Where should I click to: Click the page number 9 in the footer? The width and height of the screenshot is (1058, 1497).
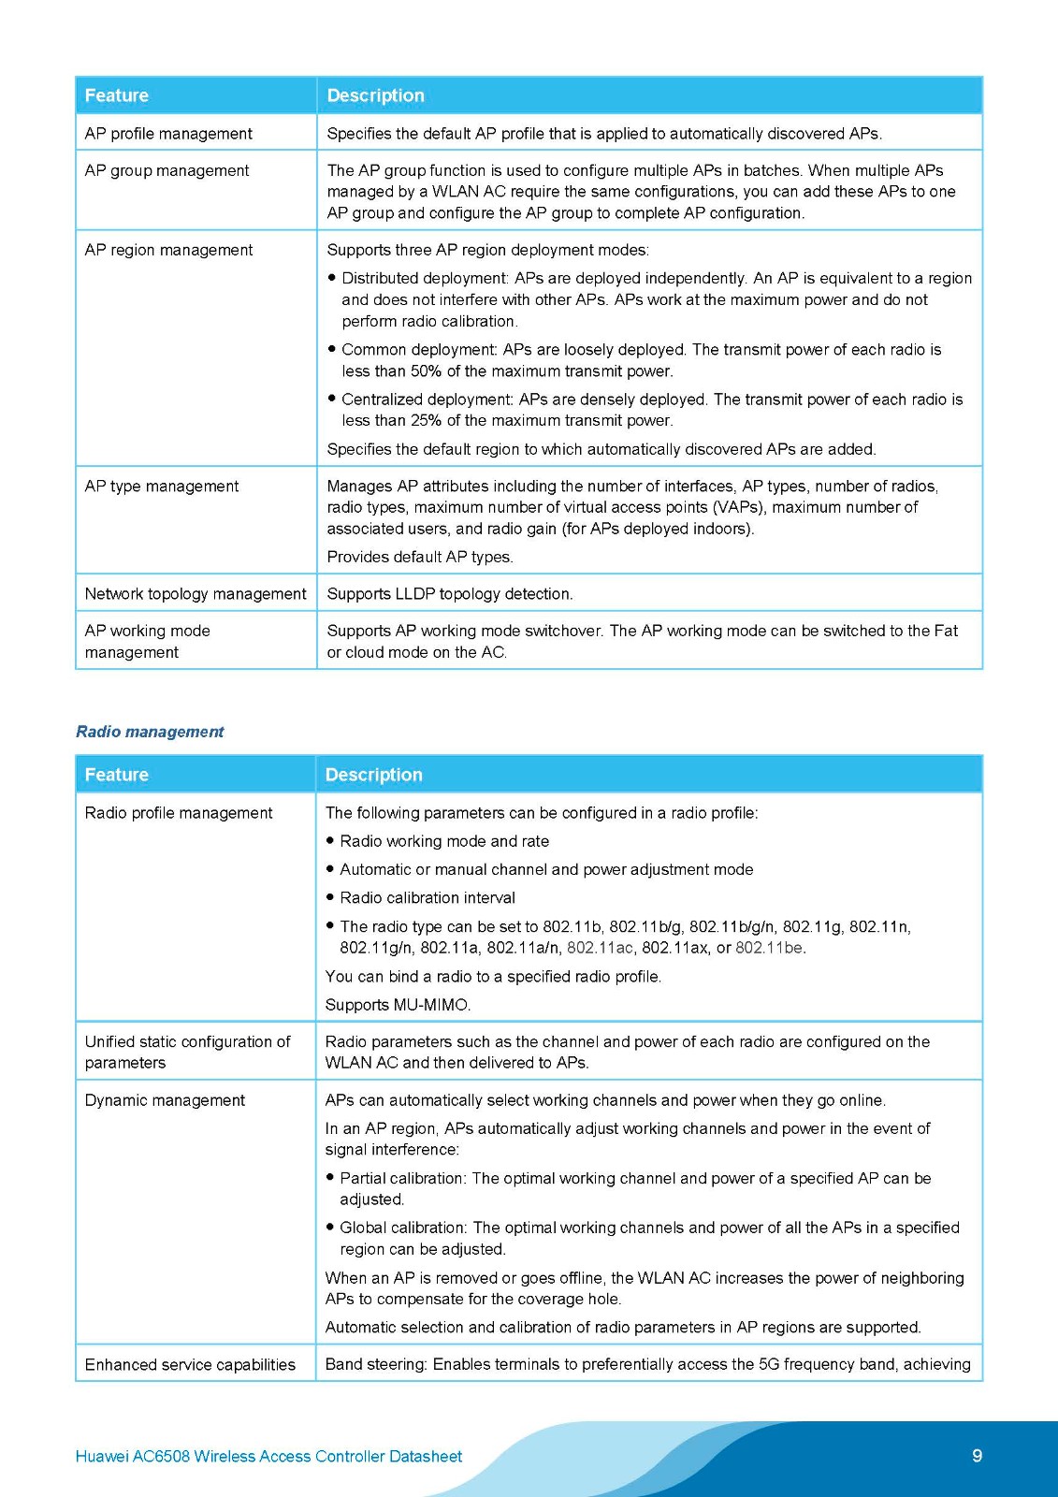pyautogui.click(x=977, y=1455)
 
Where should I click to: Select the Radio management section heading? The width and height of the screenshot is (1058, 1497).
pyautogui.click(x=150, y=732)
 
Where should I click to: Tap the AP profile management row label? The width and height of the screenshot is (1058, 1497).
pyautogui.click(x=168, y=134)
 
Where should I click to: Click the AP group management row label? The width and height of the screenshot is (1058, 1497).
pyautogui.click(x=167, y=170)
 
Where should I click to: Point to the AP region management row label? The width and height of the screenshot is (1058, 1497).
pyautogui.click(x=168, y=250)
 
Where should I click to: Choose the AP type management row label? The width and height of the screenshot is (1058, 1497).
pyautogui.click(x=161, y=487)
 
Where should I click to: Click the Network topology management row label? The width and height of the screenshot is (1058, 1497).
pyautogui.click(x=195, y=594)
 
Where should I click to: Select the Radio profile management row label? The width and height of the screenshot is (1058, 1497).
pyautogui.click(x=178, y=813)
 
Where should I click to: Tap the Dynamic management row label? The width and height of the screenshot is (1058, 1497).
pyautogui.click(x=165, y=1100)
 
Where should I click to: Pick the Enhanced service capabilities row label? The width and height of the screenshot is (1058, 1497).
pyautogui.click(x=190, y=1365)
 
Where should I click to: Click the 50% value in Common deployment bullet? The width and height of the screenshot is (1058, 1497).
pyautogui.click(x=426, y=371)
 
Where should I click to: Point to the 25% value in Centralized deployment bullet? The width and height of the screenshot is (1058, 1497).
pyautogui.click(x=426, y=421)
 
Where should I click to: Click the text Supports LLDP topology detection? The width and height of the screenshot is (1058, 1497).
pyautogui.click(x=449, y=594)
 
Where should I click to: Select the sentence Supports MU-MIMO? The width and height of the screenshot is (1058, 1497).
pyautogui.click(x=398, y=1005)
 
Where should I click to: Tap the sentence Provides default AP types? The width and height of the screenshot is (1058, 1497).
pyautogui.click(x=420, y=558)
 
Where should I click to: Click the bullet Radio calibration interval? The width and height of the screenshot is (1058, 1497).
pyautogui.click(x=428, y=898)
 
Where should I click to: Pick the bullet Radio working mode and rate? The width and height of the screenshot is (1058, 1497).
pyautogui.click(x=444, y=841)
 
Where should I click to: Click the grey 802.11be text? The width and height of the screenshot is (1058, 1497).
pyautogui.click(x=769, y=948)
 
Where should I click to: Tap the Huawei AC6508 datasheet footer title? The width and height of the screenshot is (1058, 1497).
pyautogui.click(x=268, y=1456)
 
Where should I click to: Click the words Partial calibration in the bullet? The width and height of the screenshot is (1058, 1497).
pyautogui.click(x=401, y=1178)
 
